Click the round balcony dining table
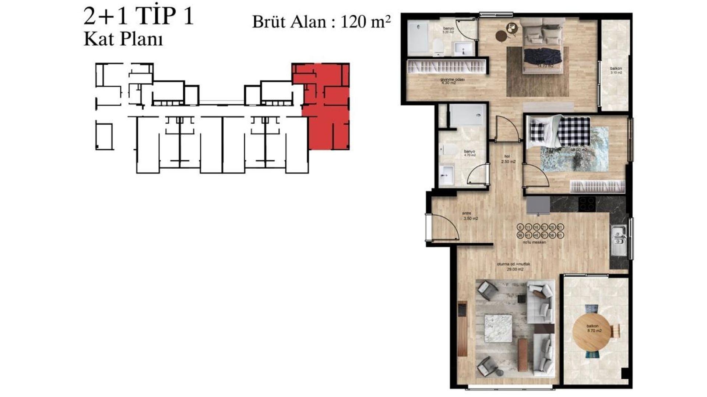point(592,332)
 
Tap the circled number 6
point(520,228)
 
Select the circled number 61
point(560,235)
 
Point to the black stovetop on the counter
point(587,204)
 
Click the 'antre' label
point(467,213)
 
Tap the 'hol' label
point(507,156)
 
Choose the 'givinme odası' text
point(453,79)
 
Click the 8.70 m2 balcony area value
point(594,331)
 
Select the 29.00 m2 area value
point(515,269)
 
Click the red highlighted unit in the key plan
point(324,107)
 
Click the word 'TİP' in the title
point(155,17)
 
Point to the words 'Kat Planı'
point(123,39)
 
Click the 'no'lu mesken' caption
point(534,242)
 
